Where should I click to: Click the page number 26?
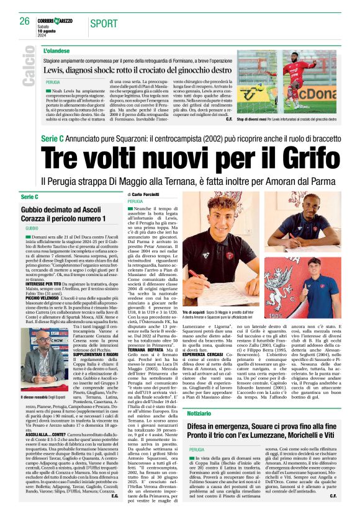coord(24,21)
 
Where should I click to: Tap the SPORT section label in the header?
coord(107,23)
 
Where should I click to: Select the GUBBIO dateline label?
coord(32,229)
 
